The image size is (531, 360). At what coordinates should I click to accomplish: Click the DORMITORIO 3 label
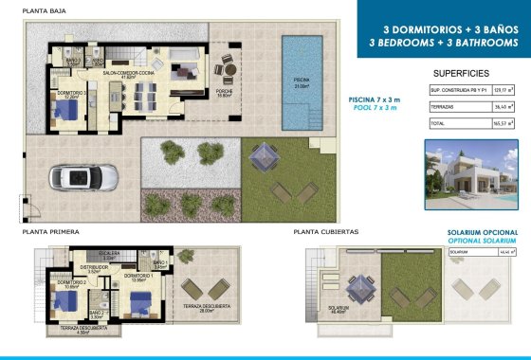(x=71, y=94)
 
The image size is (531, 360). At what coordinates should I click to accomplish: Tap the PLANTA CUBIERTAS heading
(x=325, y=231)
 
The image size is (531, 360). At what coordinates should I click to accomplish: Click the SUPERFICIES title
(x=461, y=73)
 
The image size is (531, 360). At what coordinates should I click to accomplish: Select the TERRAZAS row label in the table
(x=443, y=107)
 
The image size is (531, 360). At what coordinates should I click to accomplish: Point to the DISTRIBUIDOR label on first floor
(x=93, y=268)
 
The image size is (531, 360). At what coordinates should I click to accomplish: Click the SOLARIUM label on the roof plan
(x=338, y=309)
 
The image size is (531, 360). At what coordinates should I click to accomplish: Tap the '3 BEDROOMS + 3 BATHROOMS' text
(x=444, y=43)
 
